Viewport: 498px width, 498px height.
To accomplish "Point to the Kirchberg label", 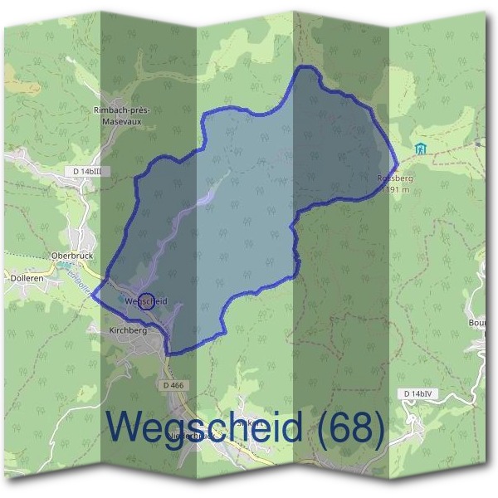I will tap(128, 330).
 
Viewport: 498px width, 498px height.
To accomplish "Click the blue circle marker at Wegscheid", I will tap(145, 301).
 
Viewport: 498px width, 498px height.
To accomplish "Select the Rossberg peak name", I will tap(394, 178).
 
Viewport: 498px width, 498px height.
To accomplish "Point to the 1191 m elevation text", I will tap(396, 189).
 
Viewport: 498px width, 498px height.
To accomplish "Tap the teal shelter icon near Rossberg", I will tap(421, 149).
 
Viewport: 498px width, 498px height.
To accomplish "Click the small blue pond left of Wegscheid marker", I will tap(126, 300).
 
